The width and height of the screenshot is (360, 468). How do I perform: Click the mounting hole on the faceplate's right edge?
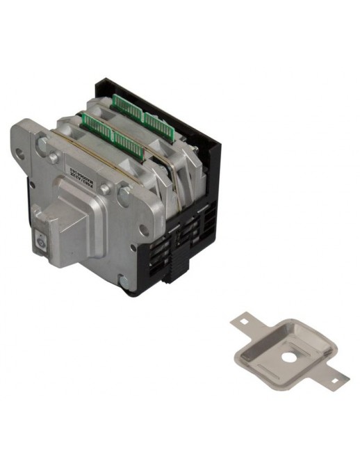144,229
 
